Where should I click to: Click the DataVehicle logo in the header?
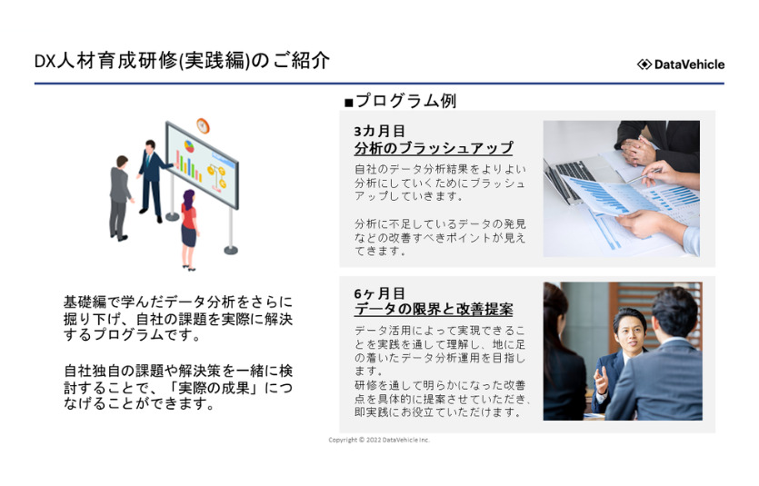click(681, 64)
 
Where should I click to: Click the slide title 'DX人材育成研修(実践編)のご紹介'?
click(182, 61)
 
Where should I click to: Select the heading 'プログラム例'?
click(405, 101)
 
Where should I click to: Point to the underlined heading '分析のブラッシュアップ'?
click(434, 148)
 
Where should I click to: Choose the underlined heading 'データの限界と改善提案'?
click(434, 310)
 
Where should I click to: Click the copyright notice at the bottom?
click(379, 440)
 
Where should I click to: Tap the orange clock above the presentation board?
click(203, 125)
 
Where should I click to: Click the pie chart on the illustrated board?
click(189, 146)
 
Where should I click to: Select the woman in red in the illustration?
click(189, 230)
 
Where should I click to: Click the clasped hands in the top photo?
click(638, 150)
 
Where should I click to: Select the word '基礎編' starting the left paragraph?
click(85, 303)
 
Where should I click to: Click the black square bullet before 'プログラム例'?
click(348, 103)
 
